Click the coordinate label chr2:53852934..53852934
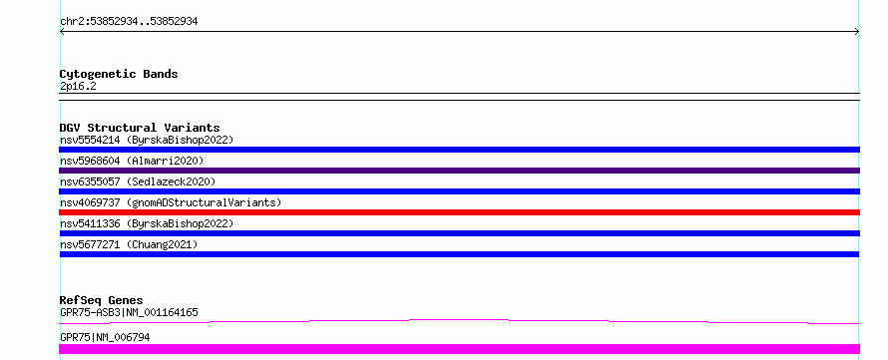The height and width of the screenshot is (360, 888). [x=129, y=22]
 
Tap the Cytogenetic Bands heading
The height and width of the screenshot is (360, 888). [x=119, y=74]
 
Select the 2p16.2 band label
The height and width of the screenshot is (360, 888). [x=78, y=86]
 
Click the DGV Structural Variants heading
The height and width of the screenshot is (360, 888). [x=140, y=128]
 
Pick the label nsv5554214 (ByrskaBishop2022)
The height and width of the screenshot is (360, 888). [x=147, y=140]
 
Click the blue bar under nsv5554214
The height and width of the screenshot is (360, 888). [x=459, y=150]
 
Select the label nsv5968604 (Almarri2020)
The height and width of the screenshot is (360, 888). [x=132, y=161]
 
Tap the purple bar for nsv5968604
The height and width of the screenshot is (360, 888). [x=459, y=171]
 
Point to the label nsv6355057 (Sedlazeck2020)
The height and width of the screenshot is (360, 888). [x=138, y=181]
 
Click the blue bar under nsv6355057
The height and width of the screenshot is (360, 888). [x=459, y=191]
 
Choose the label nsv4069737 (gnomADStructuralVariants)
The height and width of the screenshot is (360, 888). [x=171, y=202]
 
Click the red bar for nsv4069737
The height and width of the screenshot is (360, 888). [x=459, y=212]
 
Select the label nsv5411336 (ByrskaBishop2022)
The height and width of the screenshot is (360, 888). [x=147, y=223]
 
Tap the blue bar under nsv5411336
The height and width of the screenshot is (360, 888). [x=459, y=233]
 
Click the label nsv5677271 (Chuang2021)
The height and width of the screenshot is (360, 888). [x=129, y=244]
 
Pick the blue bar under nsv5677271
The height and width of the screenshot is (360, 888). [x=459, y=254]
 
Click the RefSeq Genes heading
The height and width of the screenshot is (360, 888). [x=102, y=300]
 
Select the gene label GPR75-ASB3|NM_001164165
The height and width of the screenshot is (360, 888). [x=129, y=312]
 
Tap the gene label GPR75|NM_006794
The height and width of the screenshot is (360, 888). [x=105, y=337]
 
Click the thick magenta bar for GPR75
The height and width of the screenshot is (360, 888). [x=459, y=349]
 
